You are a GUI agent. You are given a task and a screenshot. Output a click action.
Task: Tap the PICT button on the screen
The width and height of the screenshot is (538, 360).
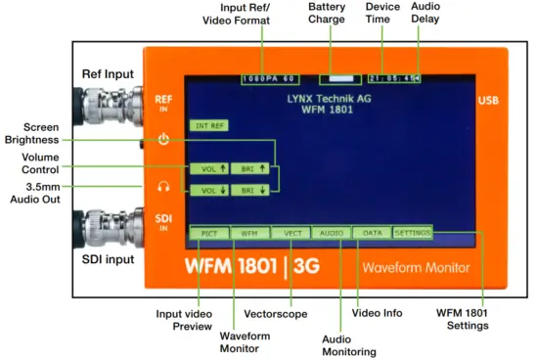208,234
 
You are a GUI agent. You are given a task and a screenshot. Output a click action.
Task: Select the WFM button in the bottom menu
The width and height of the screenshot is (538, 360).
249,234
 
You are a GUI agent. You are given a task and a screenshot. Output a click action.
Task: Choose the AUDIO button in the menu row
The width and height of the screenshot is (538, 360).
331,234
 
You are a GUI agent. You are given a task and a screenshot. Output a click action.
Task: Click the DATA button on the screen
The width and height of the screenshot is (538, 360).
372,234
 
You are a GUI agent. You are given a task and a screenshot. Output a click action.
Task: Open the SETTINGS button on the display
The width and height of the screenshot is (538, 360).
412,234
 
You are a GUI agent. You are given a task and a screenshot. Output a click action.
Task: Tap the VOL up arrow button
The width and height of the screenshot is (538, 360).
212,169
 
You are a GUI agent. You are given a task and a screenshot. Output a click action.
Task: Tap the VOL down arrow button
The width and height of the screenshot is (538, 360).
212,189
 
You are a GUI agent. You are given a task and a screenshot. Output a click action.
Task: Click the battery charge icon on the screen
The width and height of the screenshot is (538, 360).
339,77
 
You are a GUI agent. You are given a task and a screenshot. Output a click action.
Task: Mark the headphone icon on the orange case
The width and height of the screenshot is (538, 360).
163,187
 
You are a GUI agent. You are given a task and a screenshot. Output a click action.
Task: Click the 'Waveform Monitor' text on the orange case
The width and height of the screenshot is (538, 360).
415,267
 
